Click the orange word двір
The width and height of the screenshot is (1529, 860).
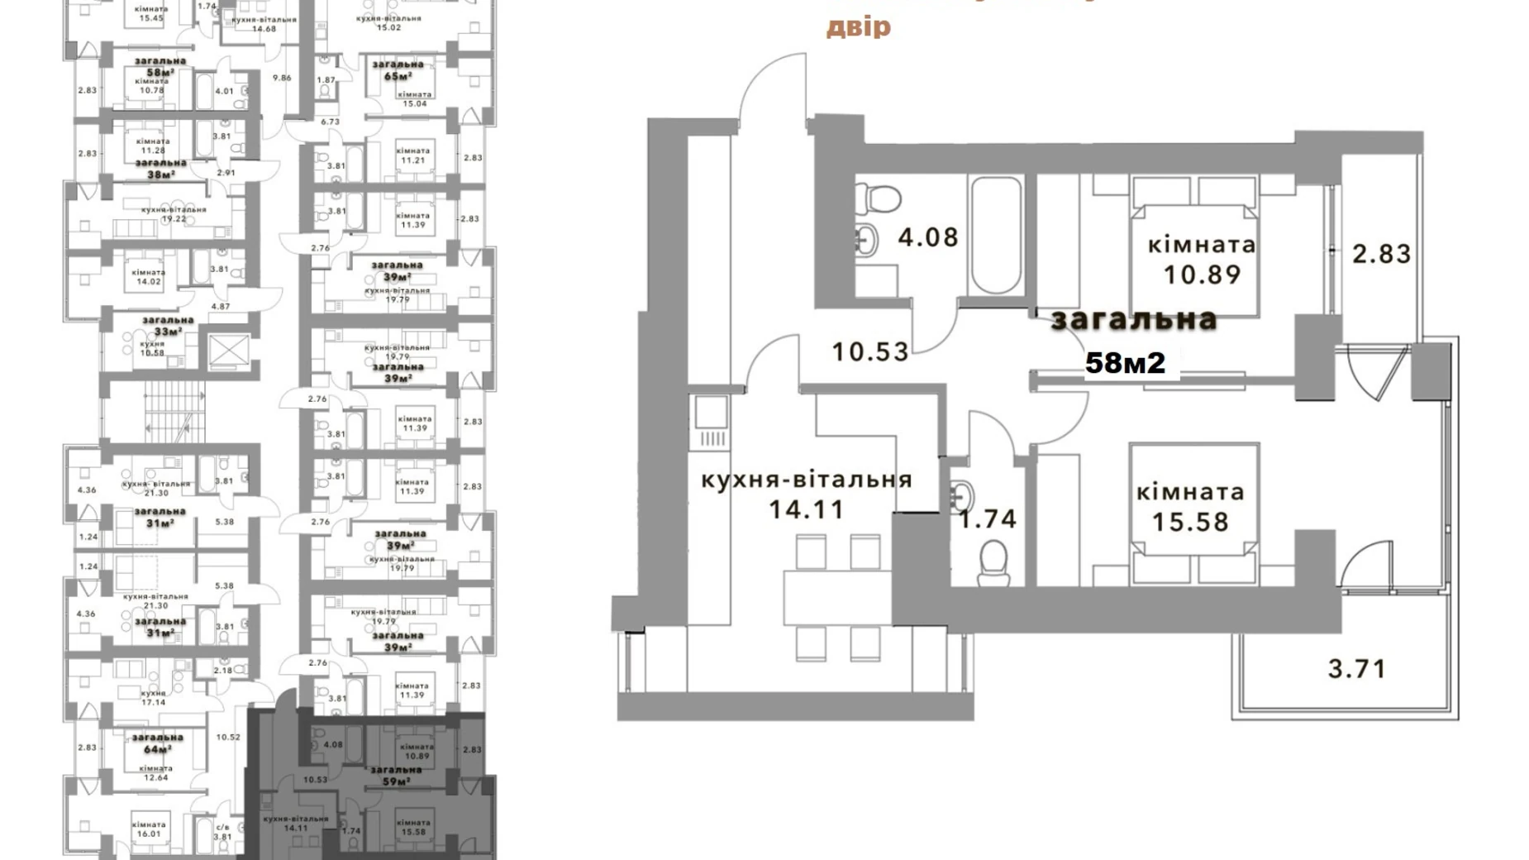click(x=859, y=27)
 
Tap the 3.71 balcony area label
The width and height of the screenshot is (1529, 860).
click(x=1356, y=668)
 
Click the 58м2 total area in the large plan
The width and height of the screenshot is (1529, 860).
click(x=1125, y=362)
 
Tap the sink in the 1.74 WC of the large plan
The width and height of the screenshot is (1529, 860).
click(x=963, y=495)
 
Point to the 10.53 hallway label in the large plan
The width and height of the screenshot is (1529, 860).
click(x=869, y=352)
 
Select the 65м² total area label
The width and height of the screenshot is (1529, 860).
click(x=398, y=76)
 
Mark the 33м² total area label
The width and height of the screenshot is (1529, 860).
click(x=168, y=332)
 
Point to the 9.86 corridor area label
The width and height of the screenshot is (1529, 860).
click(x=282, y=78)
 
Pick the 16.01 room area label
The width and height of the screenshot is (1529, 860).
click(x=149, y=834)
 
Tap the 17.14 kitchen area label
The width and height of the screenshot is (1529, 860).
click(x=153, y=702)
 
